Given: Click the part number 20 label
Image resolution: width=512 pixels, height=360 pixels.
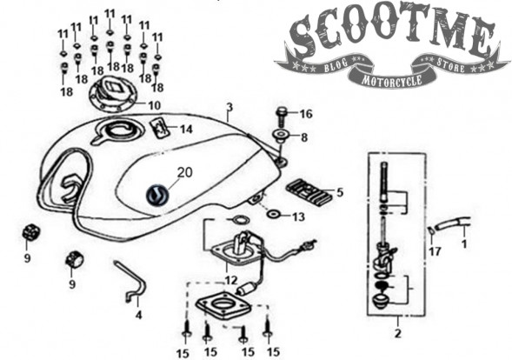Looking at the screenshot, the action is (184, 172).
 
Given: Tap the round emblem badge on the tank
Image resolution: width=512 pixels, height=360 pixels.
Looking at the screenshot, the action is (157, 196).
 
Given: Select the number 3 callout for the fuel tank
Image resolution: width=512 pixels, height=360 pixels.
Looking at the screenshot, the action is (229, 107).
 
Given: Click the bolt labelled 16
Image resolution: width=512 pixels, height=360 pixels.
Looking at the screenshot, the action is (281, 117).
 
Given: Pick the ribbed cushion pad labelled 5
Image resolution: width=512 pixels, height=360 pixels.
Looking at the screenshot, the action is (309, 192).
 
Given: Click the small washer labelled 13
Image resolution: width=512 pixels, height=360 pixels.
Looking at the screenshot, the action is (273, 214).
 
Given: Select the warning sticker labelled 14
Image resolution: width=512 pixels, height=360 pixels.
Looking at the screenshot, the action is (160, 128).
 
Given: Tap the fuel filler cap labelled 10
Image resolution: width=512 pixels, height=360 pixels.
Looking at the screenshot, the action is (112, 95).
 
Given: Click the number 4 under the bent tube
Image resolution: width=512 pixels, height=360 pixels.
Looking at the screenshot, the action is (139, 316).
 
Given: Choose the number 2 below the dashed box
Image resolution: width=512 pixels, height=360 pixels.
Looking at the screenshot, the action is (398, 334).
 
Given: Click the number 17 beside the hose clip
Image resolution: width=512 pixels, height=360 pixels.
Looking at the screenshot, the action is (435, 251).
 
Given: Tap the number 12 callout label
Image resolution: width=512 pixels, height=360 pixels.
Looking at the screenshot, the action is (231, 280).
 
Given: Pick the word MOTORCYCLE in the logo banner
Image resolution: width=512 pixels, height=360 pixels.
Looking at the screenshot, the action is (391, 79).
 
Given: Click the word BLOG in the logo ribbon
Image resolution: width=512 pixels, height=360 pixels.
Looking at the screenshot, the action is (336, 64).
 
